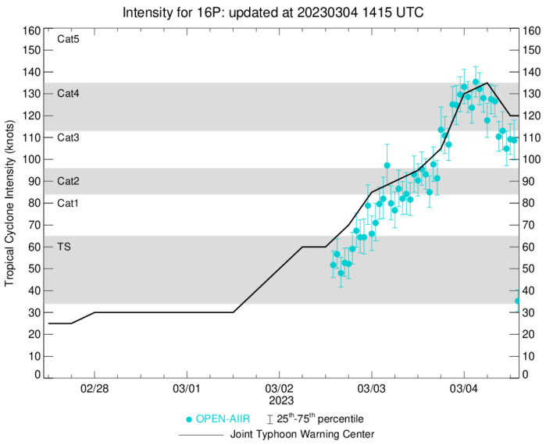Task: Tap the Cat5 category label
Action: pyautogui.click(x=69, y=39)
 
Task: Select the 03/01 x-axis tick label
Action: pyautogui.click(x=186, y=388)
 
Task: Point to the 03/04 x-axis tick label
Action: pyautogui.click(x=464, y=388)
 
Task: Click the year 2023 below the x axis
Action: pyautogui.click(x=279, y=400)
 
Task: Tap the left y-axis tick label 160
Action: pyautogui.click(x=32, y=31)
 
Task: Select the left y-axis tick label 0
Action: pyautogui.click(x=37, y=376)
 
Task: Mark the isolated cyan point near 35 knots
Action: pyautogui.click(x=517, y=301)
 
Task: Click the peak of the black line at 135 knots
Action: pyautogui.click(x=487, y=83)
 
